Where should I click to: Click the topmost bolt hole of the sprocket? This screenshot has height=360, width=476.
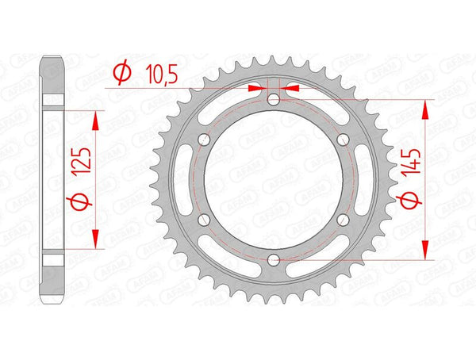point(273,99)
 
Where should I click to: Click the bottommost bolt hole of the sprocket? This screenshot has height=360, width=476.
point(273,259)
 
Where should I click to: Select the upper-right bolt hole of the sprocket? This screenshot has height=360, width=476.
point(343,140)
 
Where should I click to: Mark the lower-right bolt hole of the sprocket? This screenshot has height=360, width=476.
point(343,220)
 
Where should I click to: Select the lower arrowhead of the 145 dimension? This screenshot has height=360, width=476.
point(428,251)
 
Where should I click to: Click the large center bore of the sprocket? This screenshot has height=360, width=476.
point(273,179)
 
